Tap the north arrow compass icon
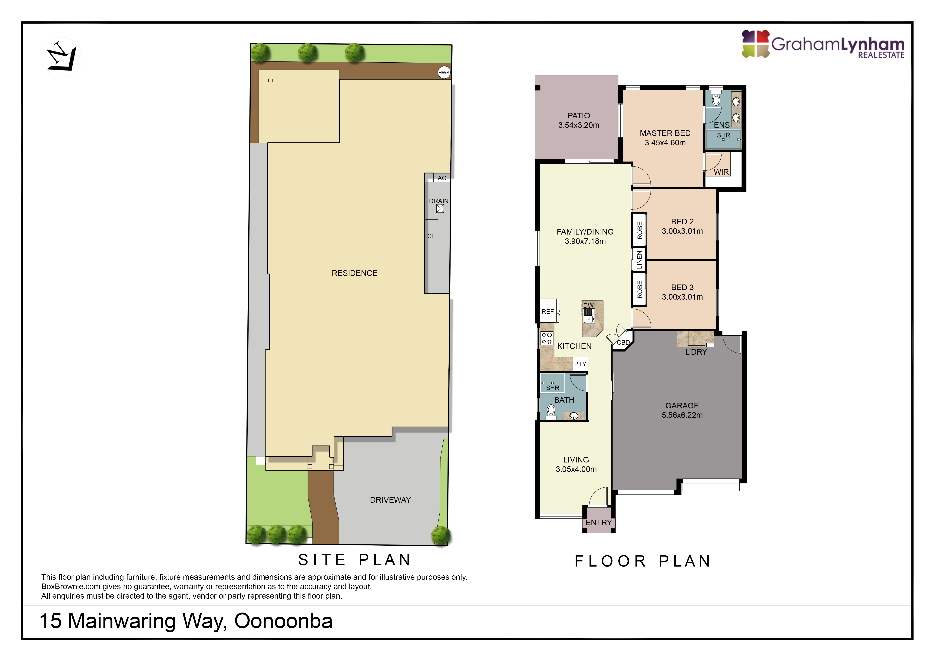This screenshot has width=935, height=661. point(61,57)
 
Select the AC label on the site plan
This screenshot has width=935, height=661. point(442,178)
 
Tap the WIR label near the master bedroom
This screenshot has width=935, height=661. point(721,172)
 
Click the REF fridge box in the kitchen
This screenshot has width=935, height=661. point(549,311)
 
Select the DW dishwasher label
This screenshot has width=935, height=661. point(588,305)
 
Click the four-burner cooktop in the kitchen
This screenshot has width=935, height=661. point(547,338)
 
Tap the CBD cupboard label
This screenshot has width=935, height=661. point(623,342)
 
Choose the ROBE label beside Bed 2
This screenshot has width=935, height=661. point(639,230)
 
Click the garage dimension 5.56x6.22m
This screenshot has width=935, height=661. point(682,415)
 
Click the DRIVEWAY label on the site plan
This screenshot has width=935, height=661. point(390,500)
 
